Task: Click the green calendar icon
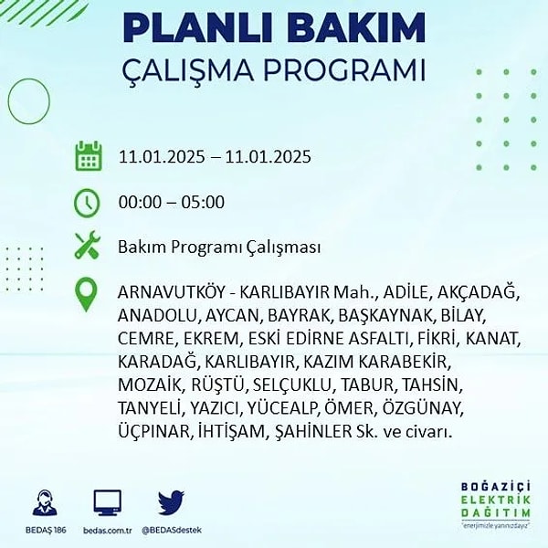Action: [89, 156]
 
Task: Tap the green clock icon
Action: [87, 203]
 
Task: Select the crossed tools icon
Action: [88, 245]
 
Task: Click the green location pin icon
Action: [86, 294]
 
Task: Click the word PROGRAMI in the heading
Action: [344, 70]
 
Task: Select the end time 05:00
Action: [203, 203]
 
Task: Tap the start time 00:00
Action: [140, 203]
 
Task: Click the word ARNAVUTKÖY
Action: [171, 292]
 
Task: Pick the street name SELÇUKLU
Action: [292, 385]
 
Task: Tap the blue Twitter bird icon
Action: [171, 502]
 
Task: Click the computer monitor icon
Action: [108, 502]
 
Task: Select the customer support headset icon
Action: [45, 503]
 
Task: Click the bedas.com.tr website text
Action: [108, 530]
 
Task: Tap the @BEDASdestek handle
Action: [172, 530]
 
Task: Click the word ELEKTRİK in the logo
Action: [496, 500]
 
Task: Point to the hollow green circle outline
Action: [9, 101]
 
